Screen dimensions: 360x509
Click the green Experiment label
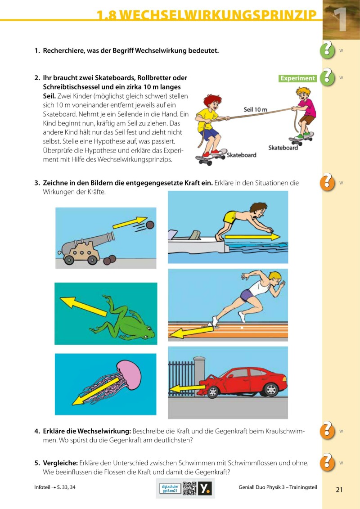pos(297,78)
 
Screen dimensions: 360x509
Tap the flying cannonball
pos(150,225)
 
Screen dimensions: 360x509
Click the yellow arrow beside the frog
pos(83,306)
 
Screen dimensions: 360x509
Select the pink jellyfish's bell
pos(130,374)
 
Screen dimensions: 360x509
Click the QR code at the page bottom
pos(189,488)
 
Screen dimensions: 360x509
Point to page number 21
pos(339,490)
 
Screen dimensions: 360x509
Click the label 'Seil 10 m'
pos(255,109)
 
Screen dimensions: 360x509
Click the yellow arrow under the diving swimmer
pos(252,236)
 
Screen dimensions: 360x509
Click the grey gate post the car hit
pos(199,376)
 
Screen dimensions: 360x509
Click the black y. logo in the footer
pos(205,488)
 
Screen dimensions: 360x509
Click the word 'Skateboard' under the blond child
pos(283,148)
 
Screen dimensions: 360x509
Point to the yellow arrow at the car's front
pos(187,388)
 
